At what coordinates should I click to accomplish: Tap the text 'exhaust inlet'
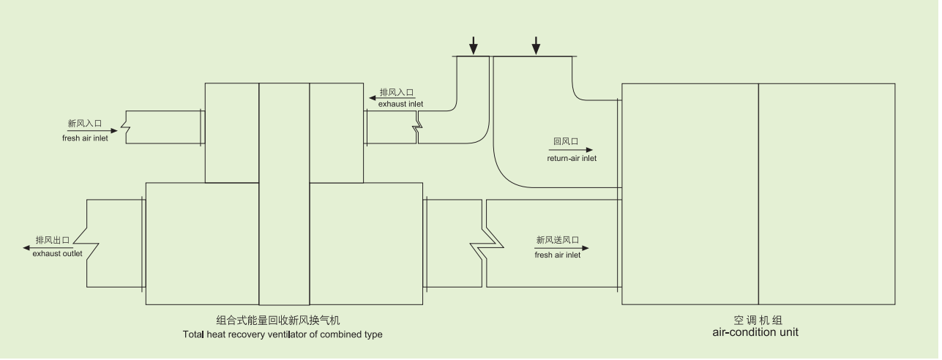400,104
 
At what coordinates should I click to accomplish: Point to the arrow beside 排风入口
373,97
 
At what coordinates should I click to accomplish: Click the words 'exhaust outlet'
57,254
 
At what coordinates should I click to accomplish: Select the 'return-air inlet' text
572,158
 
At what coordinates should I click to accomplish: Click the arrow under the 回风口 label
572,150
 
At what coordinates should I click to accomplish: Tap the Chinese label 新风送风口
558,239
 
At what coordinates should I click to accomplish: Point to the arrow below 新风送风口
561,248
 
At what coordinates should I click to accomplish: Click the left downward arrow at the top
474,46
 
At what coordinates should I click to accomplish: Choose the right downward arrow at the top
536,46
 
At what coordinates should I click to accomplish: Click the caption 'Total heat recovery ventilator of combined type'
283,335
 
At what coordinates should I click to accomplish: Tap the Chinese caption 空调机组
757,320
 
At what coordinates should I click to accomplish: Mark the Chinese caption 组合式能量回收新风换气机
278,320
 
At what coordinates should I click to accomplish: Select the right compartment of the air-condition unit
826,194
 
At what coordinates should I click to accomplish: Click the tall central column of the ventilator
284,194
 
